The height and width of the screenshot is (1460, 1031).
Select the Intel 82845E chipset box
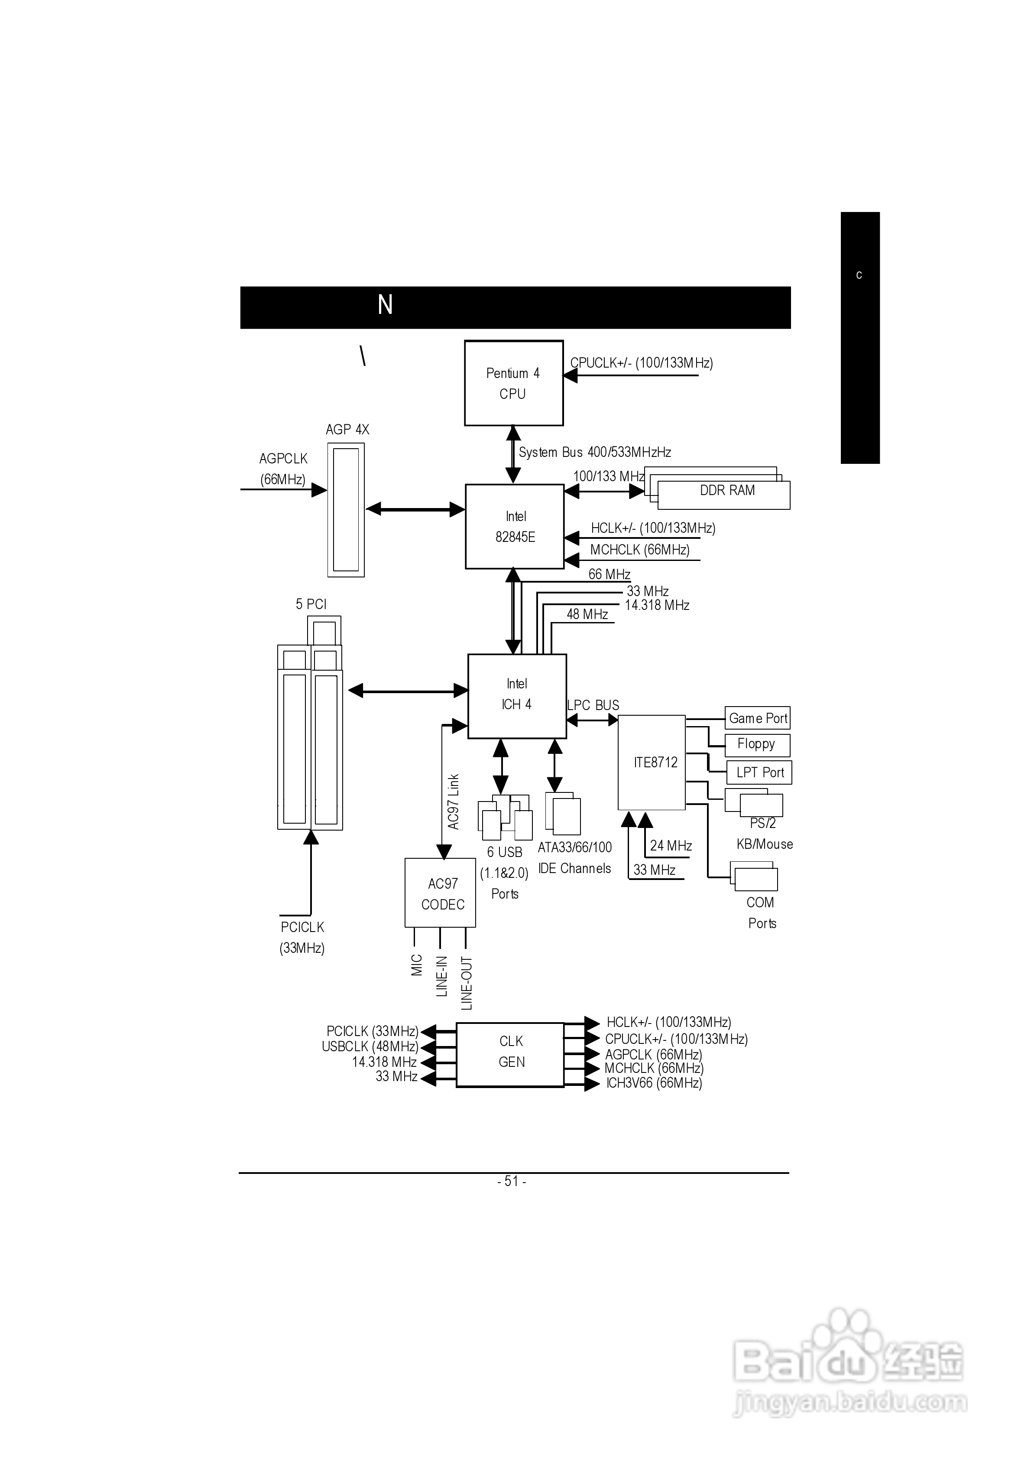click(x=515, y=527)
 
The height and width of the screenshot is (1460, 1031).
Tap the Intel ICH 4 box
click(x=517, y=696)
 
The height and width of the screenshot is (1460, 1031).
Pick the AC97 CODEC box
click(x=441, y=893)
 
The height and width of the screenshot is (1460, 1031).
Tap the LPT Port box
click(x=759, y=772)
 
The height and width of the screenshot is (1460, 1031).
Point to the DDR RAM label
click(x=727, y=490)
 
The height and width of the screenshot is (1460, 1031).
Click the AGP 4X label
click(x=347, y=430)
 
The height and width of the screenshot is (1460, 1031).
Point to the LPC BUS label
click(x=593, y=705)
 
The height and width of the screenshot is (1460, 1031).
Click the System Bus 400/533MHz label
click(x=594, y=452)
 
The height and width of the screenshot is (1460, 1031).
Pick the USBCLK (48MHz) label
click(x=370, y=1046)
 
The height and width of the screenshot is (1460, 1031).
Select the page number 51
click(x=512, y=1181)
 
